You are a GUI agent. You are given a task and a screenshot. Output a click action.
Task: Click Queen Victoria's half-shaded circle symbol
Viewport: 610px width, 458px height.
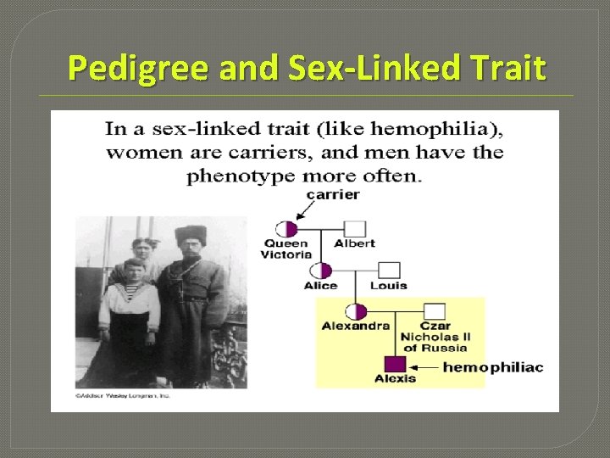click(x=286, y=229)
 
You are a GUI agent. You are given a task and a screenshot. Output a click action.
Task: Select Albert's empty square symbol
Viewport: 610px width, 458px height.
click(x=354, y=229)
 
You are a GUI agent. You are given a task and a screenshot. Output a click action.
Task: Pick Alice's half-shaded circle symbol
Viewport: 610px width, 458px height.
click(x=320, y=271)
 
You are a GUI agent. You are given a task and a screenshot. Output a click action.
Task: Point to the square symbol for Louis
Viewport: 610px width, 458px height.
click(x=389, y=271)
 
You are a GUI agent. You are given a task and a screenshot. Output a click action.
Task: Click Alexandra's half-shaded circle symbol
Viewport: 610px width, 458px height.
click(x=356, y=311)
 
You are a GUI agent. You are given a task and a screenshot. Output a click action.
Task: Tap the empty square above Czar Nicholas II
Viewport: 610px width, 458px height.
click(x=434, y=311)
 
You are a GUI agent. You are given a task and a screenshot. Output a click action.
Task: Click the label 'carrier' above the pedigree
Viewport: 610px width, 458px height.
click(x=333, y=194)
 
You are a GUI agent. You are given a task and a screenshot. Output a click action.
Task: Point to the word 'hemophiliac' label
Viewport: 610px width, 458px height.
click(x=492, y=367)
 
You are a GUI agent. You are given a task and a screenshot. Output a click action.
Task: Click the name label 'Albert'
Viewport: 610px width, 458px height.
click(x=355, y=243)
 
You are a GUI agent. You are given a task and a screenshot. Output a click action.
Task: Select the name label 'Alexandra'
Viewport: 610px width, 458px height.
click(x=356, y=326)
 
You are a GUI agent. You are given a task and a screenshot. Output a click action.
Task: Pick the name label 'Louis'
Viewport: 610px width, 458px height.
click(x=389, y=285)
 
